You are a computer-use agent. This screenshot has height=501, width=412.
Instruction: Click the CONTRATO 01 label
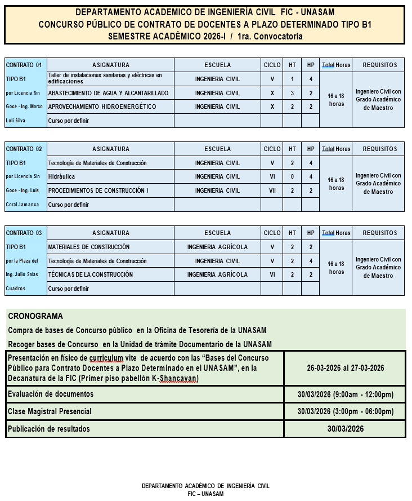[24, 65]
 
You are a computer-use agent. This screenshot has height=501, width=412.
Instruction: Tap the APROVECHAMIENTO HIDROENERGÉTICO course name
[102, 107]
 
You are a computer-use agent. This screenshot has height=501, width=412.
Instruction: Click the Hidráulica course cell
[61, 176]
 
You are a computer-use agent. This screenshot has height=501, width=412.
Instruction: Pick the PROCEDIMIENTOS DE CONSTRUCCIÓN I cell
[98, 190]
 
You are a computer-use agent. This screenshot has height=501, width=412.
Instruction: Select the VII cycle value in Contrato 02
[272, 190]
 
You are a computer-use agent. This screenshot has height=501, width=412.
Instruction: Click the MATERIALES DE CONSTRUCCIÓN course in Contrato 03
[89, 247]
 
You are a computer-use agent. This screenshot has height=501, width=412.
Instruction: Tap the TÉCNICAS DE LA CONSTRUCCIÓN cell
[91, 274]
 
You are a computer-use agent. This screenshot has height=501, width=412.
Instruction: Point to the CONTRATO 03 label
[24, 233]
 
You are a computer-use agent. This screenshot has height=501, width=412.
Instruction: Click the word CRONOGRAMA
[35, 316]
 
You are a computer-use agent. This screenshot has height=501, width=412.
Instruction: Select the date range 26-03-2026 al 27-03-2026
[345, 368]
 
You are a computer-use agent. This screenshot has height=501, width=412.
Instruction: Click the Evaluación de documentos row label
[51, 394]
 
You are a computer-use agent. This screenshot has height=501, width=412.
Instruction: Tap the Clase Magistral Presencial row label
[50, 411]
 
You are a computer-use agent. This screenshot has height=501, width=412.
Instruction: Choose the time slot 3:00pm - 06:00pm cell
[345, 411]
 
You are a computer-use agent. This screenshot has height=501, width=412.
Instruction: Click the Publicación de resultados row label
[48, 429]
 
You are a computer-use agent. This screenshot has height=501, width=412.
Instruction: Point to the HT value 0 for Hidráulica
[292, 176]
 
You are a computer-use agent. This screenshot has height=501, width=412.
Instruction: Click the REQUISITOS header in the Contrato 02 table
[379, 149]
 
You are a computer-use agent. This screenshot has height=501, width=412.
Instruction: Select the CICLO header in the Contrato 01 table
[272, 65]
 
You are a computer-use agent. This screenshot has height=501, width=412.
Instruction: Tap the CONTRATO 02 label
[24, 149]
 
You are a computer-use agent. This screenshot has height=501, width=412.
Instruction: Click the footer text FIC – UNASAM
[205, 494]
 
